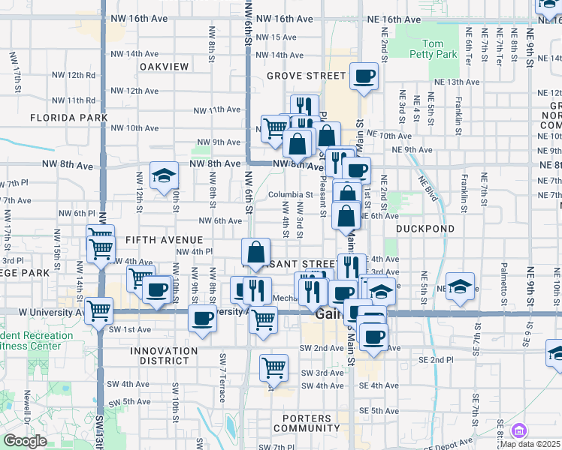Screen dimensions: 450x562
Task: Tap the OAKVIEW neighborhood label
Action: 164,67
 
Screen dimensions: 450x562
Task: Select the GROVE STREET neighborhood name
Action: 306,76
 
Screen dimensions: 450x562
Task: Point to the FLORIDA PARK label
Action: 69,118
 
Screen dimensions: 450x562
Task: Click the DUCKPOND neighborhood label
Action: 425,228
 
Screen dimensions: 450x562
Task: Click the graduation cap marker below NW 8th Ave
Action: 164,175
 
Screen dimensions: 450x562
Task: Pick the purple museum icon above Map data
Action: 518,430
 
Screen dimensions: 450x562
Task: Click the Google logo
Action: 25,441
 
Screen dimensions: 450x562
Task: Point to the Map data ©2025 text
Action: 530,444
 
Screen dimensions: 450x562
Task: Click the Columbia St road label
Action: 290,195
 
